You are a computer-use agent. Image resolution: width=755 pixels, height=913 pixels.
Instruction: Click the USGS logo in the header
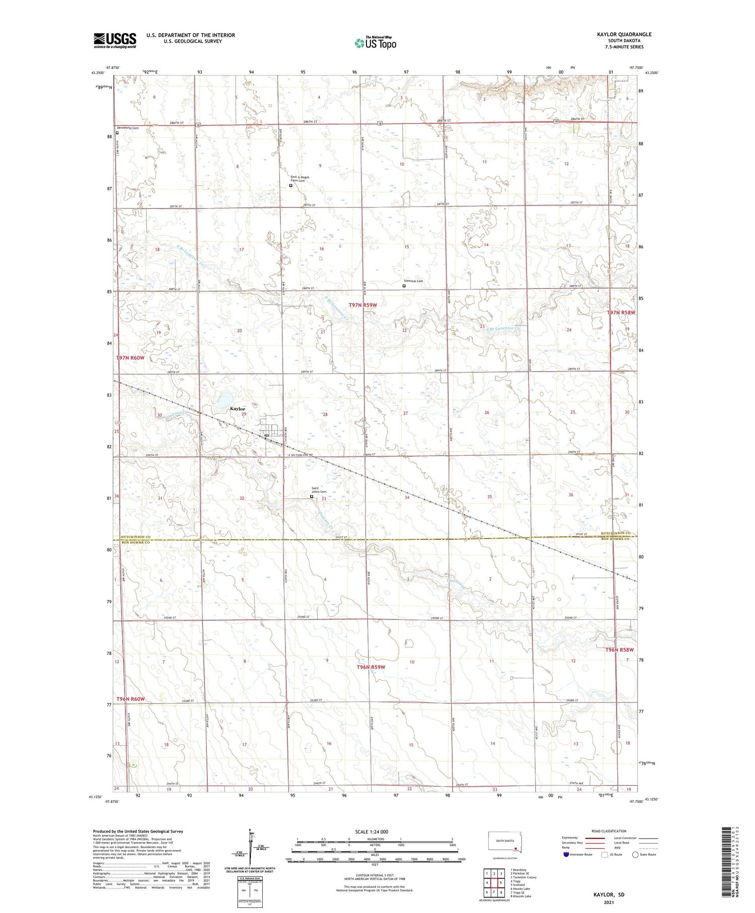(115, 40)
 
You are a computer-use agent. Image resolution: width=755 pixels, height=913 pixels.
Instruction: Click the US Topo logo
(375, 43)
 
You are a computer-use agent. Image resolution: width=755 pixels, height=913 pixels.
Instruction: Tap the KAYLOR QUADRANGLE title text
(624, 34)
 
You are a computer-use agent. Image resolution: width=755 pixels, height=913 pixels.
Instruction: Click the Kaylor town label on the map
(238, 408)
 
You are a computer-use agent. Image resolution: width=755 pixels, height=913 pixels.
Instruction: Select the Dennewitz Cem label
(127, 128)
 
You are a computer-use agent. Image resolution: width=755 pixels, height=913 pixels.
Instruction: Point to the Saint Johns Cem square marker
(312, 497)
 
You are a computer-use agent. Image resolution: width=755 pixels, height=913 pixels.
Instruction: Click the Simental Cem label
(413, 281)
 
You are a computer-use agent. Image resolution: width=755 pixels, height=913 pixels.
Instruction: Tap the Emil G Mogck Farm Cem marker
(290, 185)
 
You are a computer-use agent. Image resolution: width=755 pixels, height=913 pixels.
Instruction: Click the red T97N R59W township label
(363, 305)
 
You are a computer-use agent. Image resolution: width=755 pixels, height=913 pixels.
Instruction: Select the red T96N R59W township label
(371, 667)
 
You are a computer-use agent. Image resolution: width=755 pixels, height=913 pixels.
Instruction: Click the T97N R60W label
(130, 358)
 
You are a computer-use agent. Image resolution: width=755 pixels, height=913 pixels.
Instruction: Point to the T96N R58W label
(619, 650)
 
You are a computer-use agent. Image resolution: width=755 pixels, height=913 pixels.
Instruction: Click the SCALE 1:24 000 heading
(371, 831)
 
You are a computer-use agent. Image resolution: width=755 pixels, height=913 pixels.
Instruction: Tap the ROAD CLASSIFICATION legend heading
(609, 831)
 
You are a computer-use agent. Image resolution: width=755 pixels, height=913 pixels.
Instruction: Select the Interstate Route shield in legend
(566, 855)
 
